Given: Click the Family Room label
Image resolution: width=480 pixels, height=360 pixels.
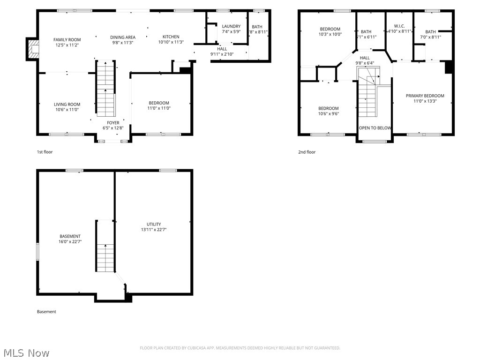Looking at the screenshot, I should [67, 40].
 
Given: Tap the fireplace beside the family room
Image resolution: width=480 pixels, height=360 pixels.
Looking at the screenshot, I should [32, 49].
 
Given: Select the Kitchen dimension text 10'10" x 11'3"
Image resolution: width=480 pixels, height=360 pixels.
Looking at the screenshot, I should [171, 42].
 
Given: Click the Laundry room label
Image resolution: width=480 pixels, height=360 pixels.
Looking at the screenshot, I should [231, 26].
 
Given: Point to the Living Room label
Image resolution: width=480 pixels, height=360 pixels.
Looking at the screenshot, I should [67, 105].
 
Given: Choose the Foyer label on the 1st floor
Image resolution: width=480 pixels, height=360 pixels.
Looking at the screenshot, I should [113, 123].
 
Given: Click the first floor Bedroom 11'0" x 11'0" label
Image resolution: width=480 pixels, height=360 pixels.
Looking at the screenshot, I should [159, 103].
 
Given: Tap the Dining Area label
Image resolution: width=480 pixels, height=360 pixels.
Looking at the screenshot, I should [123, 37].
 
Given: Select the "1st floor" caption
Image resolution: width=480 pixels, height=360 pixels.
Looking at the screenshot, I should [45, 152].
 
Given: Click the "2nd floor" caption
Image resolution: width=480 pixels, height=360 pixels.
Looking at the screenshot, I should [307, 152].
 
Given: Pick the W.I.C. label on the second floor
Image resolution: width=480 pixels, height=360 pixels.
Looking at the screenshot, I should [399, 26].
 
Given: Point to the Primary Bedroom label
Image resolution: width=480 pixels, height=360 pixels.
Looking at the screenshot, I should [425, 96].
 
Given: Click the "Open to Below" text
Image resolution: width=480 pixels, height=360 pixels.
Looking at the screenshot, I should [375, 128].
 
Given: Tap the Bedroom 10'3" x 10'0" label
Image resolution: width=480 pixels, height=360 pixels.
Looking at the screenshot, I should [330, 29].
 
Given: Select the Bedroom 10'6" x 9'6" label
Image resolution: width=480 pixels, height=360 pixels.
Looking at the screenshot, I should [329, 108].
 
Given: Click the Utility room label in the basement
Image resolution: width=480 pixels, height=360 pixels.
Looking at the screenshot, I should [154, 224].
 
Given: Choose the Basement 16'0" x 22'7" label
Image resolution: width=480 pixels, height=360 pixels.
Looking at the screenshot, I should [70, 236].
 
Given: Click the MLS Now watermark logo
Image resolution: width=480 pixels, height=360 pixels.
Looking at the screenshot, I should [26, 352].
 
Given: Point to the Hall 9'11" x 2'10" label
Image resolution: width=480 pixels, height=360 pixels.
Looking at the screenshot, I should [222, 49].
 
